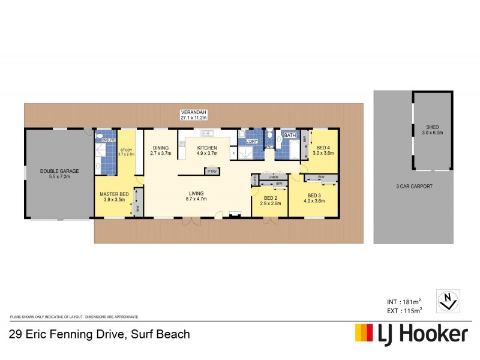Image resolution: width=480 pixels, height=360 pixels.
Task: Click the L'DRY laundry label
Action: click(251, 142)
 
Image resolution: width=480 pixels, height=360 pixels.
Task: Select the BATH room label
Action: click(290, 136)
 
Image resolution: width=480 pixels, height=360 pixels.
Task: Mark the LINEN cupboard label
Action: click(274, 177)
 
